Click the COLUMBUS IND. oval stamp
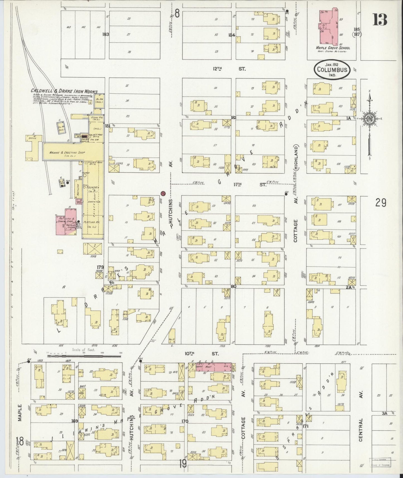point(332,70)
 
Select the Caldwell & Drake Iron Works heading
point(64,91)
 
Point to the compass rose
point(370,118)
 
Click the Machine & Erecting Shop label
point(62,153)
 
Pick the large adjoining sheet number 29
point(380,203)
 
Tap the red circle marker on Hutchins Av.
point(163,193)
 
